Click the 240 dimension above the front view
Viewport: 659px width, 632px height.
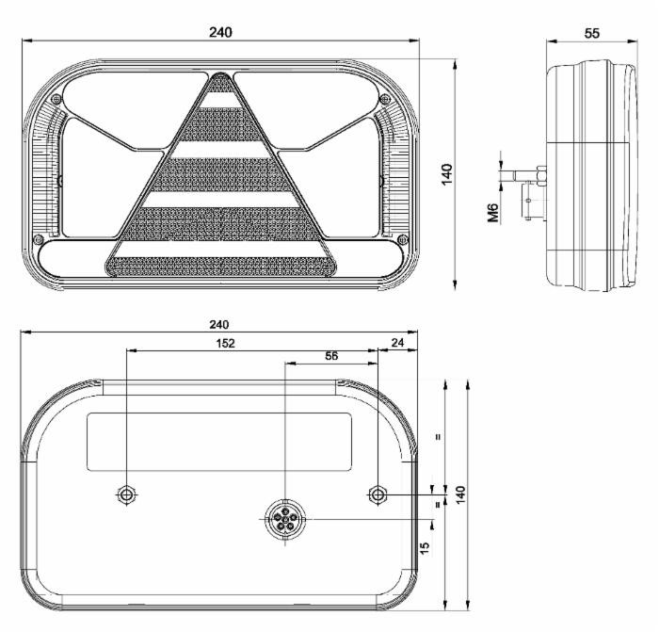tap(220, 31)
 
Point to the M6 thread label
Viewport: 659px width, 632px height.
tap(492, 212)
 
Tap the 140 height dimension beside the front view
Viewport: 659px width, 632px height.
tap(446, 175)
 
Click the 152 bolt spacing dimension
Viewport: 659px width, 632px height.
tap(224, 343)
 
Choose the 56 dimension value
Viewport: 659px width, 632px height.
tap(330, 355)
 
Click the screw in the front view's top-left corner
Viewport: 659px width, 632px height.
tap(56, 99)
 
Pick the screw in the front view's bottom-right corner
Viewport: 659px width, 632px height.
tap(403, 237)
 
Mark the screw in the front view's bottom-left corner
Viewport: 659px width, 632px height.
tap(37, 237)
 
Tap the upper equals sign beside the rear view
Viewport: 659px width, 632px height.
tap(437, 436)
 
